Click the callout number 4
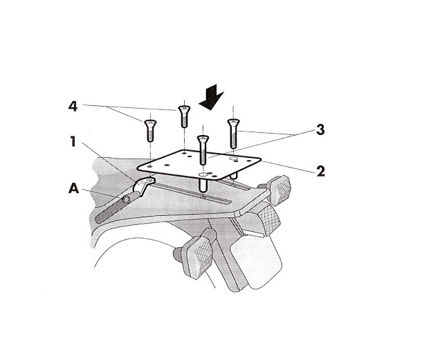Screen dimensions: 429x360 tap(73, 107)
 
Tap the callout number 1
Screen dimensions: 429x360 tap(73, 142)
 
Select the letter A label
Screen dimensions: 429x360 tap(73, 188)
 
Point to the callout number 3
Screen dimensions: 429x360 tap(320, 129)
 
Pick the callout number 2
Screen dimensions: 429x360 tap(320, 171)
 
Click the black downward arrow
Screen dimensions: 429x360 tap(211, 97)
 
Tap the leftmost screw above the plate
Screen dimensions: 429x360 tap(150, 131)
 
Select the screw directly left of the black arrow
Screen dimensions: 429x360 tap(184, 116)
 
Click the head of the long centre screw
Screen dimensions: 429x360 tap(203, 139)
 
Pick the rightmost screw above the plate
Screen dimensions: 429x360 tap(233, 134)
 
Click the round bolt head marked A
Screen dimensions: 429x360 tap(126, 199)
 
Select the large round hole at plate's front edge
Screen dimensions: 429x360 tap(203, 174)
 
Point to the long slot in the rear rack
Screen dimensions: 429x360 tap(192, 194)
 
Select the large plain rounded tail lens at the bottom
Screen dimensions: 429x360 tap(256, 262)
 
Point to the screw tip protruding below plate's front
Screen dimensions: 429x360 tap(203, 186)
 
